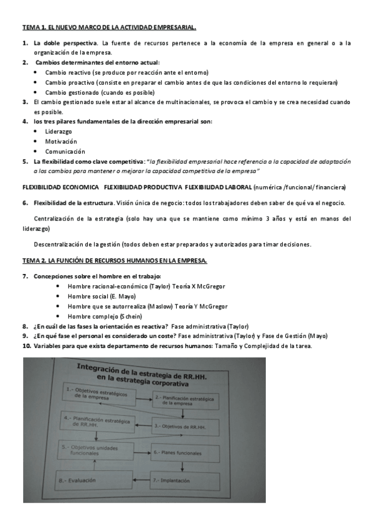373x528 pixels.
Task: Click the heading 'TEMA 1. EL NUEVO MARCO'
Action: coord(109,28)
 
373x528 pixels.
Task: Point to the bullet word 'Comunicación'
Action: coord(65,151)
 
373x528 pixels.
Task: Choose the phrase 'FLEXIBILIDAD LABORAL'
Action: coord(218,187)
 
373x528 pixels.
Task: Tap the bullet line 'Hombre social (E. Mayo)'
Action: coord(101,296)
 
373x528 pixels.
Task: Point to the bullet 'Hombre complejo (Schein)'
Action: coord(105,316)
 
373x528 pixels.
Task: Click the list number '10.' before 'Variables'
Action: coord(27,346)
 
